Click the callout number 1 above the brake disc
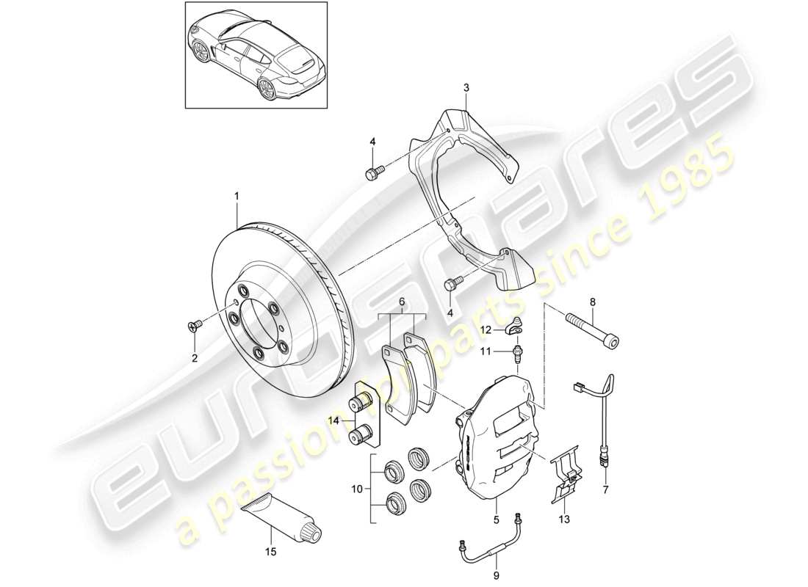point(237,196)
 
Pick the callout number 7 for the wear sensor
point(607,489)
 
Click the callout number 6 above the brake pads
point(401,302)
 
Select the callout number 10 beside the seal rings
point(357,488)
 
